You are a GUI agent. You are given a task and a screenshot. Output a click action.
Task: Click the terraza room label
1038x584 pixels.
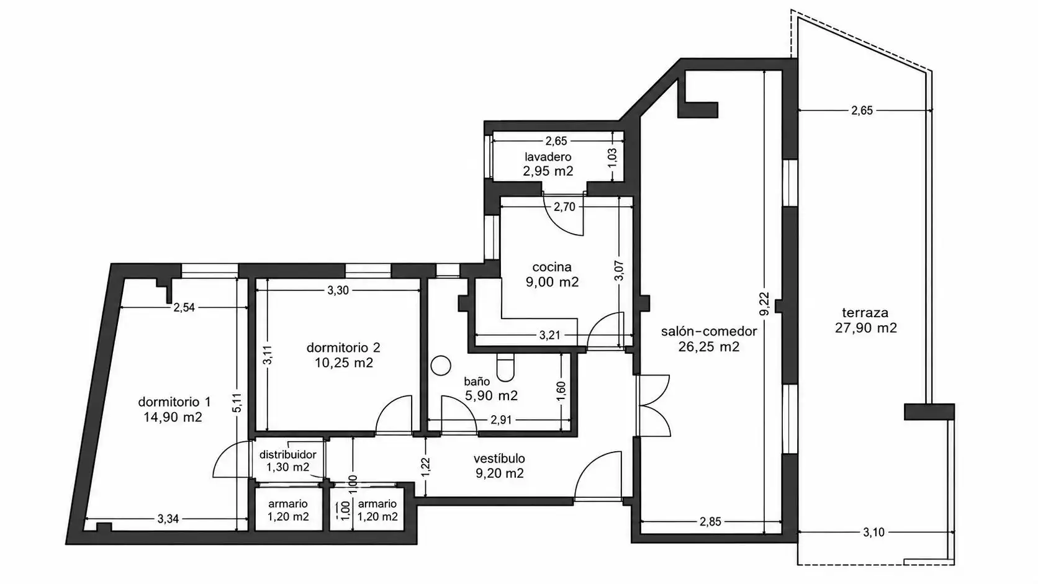coord(865,313)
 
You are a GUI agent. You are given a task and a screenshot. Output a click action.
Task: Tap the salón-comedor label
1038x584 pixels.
coord(709,331)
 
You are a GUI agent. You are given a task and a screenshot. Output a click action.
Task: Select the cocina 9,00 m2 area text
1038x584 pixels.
coord(552,282)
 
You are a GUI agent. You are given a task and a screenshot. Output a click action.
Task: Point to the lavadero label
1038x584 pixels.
coord(548,156)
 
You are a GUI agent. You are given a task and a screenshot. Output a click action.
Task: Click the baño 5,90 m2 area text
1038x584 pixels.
coord(491,395)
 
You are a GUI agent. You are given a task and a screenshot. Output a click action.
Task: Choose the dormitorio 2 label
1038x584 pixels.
coord(343,348)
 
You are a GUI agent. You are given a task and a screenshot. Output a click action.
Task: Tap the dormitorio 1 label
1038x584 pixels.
coord(174,402)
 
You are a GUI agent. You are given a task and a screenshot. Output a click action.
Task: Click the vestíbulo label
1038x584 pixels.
coord(499,459)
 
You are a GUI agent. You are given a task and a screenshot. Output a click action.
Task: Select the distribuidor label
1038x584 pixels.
coord(288,454)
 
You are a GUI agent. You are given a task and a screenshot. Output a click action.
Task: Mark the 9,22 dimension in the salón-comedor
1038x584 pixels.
coord(764,303)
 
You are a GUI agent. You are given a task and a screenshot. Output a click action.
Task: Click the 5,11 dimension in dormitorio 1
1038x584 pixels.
coord(237,402)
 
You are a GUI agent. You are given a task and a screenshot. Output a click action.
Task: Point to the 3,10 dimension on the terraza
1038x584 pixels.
coord(873,532)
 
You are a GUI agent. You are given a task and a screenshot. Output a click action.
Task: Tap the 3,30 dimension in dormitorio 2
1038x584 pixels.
coord(338,290)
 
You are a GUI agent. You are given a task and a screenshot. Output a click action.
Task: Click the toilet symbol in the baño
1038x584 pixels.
coord(505,367)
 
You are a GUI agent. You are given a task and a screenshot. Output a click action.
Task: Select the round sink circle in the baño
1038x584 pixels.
coord(441,366)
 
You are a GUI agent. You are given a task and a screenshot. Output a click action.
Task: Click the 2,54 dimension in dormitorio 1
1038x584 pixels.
coord(184,307)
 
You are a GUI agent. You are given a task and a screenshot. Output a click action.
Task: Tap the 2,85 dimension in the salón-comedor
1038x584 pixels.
coord(710,521)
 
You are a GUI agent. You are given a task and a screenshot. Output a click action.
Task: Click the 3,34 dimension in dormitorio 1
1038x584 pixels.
coord(168,519)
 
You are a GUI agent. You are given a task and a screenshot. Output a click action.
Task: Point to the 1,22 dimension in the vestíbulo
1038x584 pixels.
coord(426,467)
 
